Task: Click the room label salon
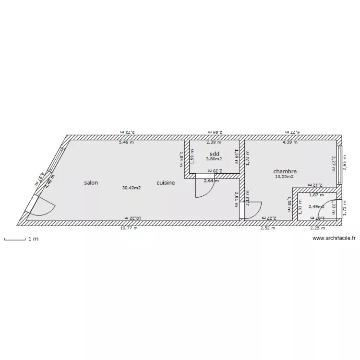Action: click(x=91, y=183)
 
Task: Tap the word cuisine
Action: click(x=165, y=183)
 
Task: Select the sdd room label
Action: click(x=214, y=154)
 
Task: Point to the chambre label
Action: click(x=285, y=171)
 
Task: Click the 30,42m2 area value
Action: click(x=131, y=188)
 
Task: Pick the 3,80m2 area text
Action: click(x=214, y=159)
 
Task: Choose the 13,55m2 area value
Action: click(x=284, y=177)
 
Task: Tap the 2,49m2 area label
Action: click(x=316, y=207)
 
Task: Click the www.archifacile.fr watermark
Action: click(x=334, y=238)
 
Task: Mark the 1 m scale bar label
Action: click(x=33, y=239)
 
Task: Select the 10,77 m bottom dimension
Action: click(x=129, y=228)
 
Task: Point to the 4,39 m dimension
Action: click(x=289, y=142)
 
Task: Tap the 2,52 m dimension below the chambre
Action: click(x=267, y=228)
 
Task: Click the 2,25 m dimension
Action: click(x=317, y=228)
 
